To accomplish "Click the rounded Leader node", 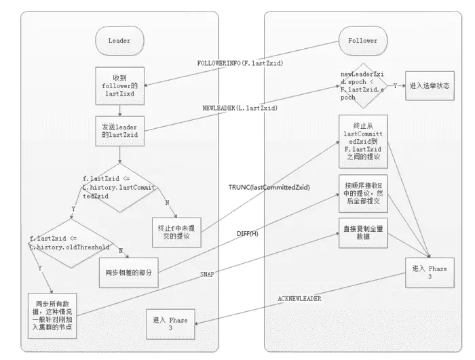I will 119,41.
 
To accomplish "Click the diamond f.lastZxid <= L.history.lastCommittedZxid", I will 119,186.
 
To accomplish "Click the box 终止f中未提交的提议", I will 176,228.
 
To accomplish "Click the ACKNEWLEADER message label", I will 299,298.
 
